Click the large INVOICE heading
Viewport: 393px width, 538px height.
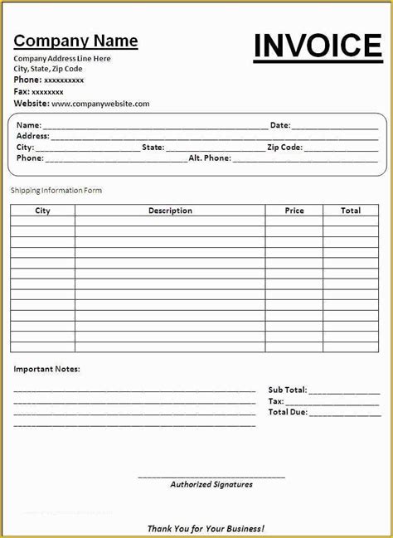pyautogui.click(x=318, y=46)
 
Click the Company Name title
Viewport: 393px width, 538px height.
pyautogui.click(x=75, y=41)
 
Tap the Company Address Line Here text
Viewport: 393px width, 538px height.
pyautogui.click(x=62, y=59)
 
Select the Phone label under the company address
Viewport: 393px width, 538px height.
pyautogui.click(x=27, y=80)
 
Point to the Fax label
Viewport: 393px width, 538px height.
pyautogui.click(x=22, y=92)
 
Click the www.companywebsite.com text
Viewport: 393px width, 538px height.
pyautogui.click(x=100, y=104)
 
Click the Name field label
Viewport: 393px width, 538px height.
pyautogui.click(x=29, y=125)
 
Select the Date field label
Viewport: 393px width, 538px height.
pyautogui.click(x=280, y=125)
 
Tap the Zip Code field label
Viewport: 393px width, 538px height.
pyautogui.click(x=284, y=148)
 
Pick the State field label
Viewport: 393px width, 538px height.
pyautogui.click(x=153, y=148)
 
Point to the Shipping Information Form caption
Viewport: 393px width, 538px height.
pyautogui.click(x=56, y=191)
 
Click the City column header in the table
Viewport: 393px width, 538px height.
pyautogui.click(x=42, y=211)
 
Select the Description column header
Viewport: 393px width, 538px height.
pyautogui.click(x=170, y=211)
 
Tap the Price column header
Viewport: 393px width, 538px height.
pyautogui.click(x=294, y=211)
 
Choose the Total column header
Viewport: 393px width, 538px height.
pyautogui.click(x=351, y=211)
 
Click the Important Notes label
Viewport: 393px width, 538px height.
pyautogui.click(x=47, y=369)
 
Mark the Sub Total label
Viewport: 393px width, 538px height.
pyautogui.click(x=288, y=390)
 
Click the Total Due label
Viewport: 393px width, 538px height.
pyautogui.click(x=288, y=412)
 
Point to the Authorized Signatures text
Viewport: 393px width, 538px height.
pyautogui.click(x=211, y=484)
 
